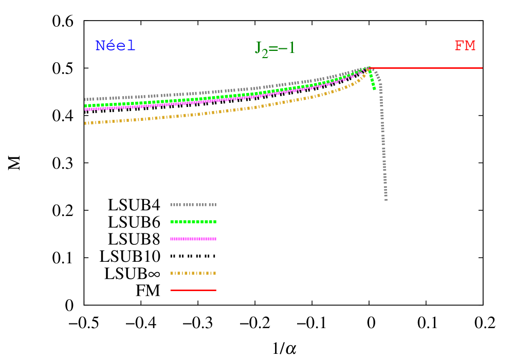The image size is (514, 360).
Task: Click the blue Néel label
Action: pos(115,46)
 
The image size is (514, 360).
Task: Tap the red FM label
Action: pos(465,46)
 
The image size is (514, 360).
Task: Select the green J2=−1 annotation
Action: pos(275,48)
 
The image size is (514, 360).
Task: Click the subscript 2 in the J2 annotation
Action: pos(265,53)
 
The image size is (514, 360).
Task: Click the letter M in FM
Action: pos(470,46)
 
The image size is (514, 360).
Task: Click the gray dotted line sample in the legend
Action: pos(193,205)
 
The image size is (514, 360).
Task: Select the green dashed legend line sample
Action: pos(193,222)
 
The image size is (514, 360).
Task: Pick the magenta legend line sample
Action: pos(193,239)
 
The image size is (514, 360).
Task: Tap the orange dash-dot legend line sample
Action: pos(193,273)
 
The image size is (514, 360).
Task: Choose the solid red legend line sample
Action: pos(193,290)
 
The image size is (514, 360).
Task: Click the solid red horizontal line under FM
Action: pos(427,68)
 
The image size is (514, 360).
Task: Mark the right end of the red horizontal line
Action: pos(482,68)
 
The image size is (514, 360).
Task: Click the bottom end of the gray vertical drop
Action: pos(385,199)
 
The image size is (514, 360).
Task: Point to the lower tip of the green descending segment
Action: pos(374,89)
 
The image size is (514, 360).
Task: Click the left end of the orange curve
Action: pos(85,123)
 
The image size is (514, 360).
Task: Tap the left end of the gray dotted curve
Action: pos(85,99)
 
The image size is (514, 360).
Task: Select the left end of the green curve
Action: pos(85,105)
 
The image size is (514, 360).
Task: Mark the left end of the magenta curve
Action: pos(85,109)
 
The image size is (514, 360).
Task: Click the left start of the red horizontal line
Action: pos(368,68)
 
